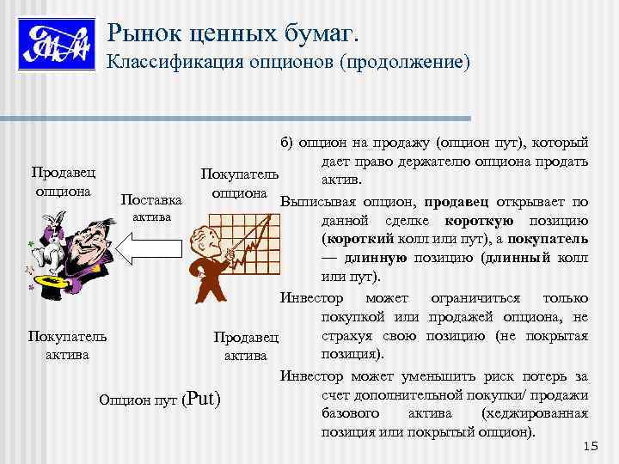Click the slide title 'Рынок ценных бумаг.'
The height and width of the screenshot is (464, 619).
point(233,34)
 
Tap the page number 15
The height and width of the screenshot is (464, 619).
point(590,445)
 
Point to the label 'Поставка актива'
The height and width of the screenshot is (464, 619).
point(151,208)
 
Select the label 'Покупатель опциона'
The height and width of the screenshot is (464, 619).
point(239,182)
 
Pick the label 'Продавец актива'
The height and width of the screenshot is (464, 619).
point(246,345)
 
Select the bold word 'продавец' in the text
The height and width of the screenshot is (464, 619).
point(456,202)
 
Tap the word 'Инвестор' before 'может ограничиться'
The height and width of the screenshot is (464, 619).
point(311,297)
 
